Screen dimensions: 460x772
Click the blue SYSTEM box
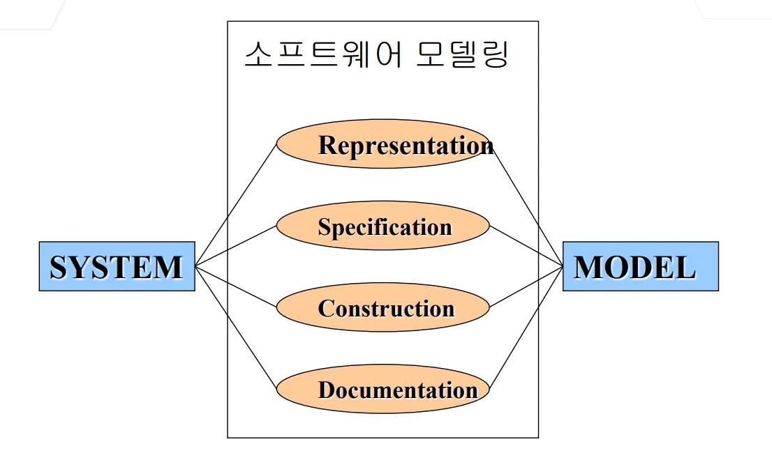[117, 266]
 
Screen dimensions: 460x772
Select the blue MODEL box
[640, 266]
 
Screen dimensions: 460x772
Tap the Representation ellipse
[383, 144]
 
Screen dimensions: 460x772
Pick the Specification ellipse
[383, 227]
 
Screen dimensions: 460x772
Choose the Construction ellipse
[383, 308]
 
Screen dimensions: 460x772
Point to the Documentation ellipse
[383, 389]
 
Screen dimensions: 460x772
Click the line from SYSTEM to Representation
[236, 205]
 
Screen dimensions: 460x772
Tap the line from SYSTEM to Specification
[236, 246]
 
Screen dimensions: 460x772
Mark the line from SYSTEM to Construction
[236, 286]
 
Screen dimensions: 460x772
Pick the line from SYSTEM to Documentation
[236, 328]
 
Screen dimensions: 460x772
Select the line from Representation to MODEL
[526, 205]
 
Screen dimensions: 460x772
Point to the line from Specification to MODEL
[526, 246]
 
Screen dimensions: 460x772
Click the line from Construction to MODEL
[526, 286]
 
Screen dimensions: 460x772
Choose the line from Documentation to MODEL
[526, 328]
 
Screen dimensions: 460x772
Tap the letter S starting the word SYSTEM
[59, 268]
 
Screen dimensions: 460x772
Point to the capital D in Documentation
[327, 390]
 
